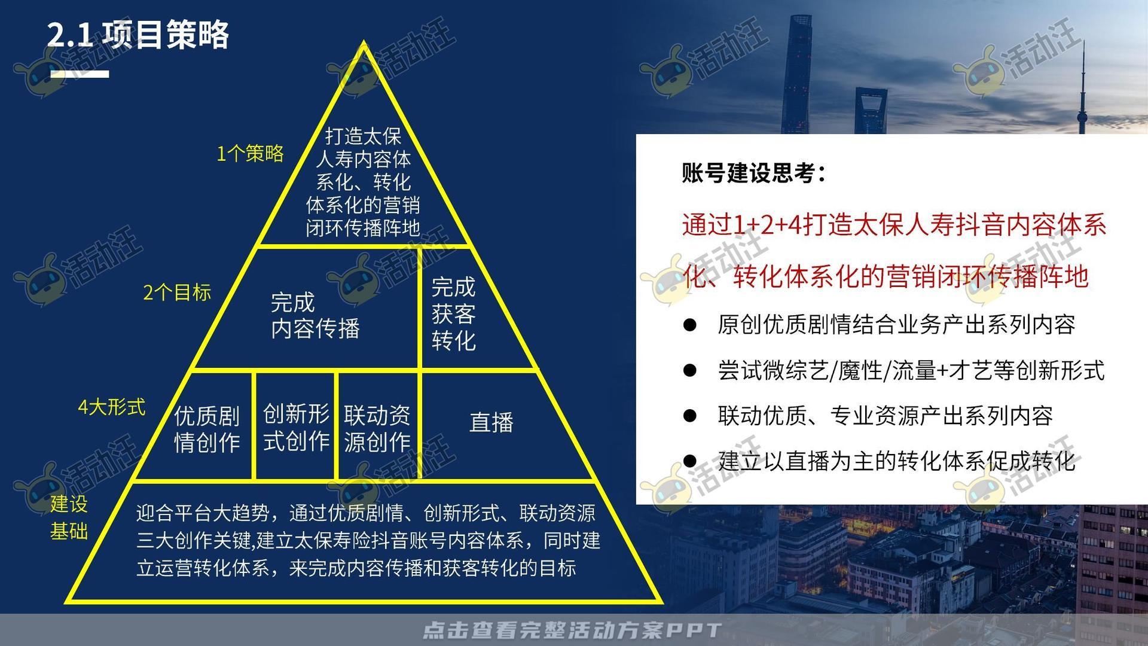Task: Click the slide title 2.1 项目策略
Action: [138, 35]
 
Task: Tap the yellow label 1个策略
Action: [250, 154]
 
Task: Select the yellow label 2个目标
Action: [177, 292]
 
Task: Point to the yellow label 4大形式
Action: [112, 407]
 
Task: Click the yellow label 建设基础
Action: [69, 517]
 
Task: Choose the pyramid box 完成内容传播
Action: [315, 315]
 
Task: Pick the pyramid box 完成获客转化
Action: [454, 314]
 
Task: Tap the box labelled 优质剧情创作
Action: [207, 429]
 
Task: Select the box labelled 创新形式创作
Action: [297, 427]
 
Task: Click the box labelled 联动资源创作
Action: [377, 428]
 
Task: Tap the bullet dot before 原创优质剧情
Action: [690, 325]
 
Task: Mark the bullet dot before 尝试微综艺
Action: [690, 370]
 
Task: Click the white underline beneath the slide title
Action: [79, 74]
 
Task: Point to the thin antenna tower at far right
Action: [1082, 90]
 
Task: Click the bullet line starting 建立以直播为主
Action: [896, 461]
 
